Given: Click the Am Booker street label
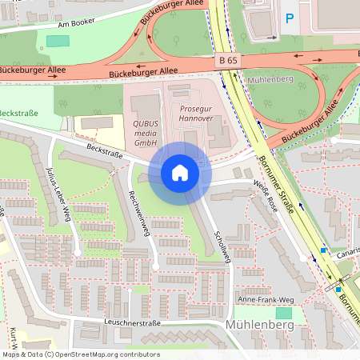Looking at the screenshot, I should tap(81, 25).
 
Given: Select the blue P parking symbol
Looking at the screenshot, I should tap(290, 17).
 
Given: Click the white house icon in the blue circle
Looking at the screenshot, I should tap(180, 172).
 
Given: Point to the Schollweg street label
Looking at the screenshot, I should tap(222, 244).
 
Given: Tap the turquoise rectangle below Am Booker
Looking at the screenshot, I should tap(58, 41).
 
